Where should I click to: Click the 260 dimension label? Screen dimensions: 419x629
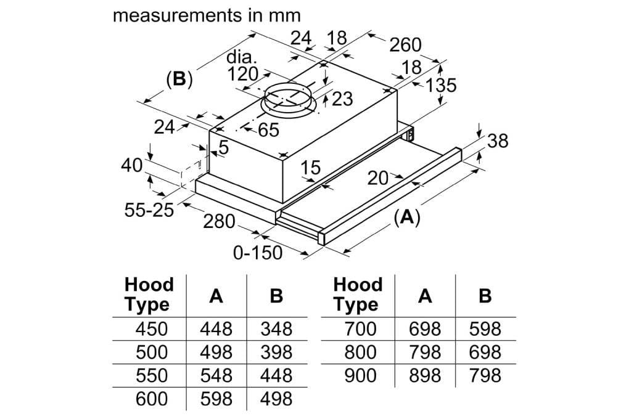click(x=405, y=45)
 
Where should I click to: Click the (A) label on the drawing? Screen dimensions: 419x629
click(x=406, y=216)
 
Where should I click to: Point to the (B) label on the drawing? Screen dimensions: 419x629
click(x=179, y=79)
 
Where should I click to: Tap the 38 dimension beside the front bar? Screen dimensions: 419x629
click(x=497, y=141)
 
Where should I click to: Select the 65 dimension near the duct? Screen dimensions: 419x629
click(x=268, y=131)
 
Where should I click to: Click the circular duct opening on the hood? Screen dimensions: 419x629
click(x=288, y=98)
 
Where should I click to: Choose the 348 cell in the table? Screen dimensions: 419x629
click(x=276, y=328)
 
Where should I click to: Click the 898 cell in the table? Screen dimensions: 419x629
click(x=425, y=375)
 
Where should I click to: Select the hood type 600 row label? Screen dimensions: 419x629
click(x=151, y=399)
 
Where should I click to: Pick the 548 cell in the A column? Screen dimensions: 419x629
click(x=216, y=375)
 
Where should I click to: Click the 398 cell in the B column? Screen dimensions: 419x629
click(x=276, y=352)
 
